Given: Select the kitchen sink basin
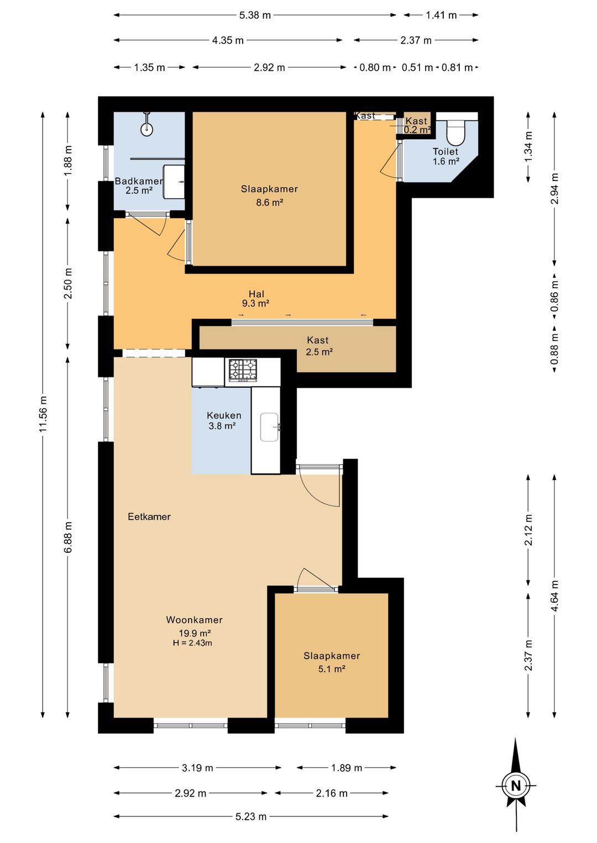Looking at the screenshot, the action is (269, 427).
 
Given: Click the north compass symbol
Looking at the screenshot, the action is (516, 786).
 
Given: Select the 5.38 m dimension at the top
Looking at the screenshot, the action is (255, 15).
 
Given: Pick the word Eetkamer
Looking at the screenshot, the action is (149, 517).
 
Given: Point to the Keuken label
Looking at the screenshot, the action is (224, 415).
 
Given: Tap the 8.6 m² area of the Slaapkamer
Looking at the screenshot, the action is (269, 203).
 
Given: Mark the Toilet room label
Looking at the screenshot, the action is (445, 151).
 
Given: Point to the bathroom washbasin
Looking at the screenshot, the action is (174, 181).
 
